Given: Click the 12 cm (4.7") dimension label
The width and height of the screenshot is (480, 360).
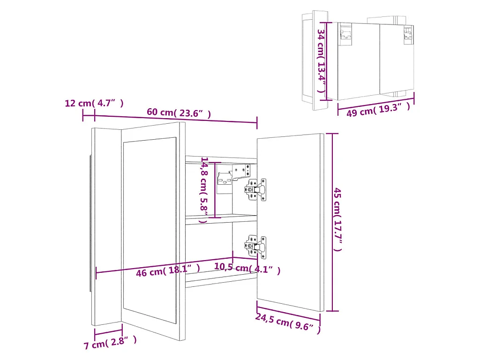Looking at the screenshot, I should (94, 103).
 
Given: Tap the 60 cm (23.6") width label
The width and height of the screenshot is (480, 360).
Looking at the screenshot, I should (179, 112).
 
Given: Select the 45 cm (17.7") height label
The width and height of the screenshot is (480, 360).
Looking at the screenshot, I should (337, 219).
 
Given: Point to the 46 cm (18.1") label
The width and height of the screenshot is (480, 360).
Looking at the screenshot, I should (168, 270).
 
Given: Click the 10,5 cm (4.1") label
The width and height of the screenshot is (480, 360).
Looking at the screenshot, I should (247, 268).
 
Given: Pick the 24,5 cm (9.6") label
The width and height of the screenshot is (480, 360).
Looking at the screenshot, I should (288, 323).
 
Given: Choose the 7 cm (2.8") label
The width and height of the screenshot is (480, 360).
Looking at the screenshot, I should (110, 343).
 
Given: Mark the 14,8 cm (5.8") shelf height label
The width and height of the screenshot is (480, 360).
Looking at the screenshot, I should (204, 189).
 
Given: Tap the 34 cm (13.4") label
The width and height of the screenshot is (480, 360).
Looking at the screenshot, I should (321, 61).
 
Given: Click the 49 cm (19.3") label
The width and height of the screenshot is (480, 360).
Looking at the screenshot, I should (378, 110).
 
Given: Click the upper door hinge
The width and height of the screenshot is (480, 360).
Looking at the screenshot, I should (256, 189).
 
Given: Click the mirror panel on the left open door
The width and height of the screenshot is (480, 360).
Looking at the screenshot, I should (150, 230).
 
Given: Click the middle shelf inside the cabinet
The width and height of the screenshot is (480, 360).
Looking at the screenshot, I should (220, 218).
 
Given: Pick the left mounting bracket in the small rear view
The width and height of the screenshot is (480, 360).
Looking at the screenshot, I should (346, 34).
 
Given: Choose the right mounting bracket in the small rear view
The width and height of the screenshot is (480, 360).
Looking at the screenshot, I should (408, 34).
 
